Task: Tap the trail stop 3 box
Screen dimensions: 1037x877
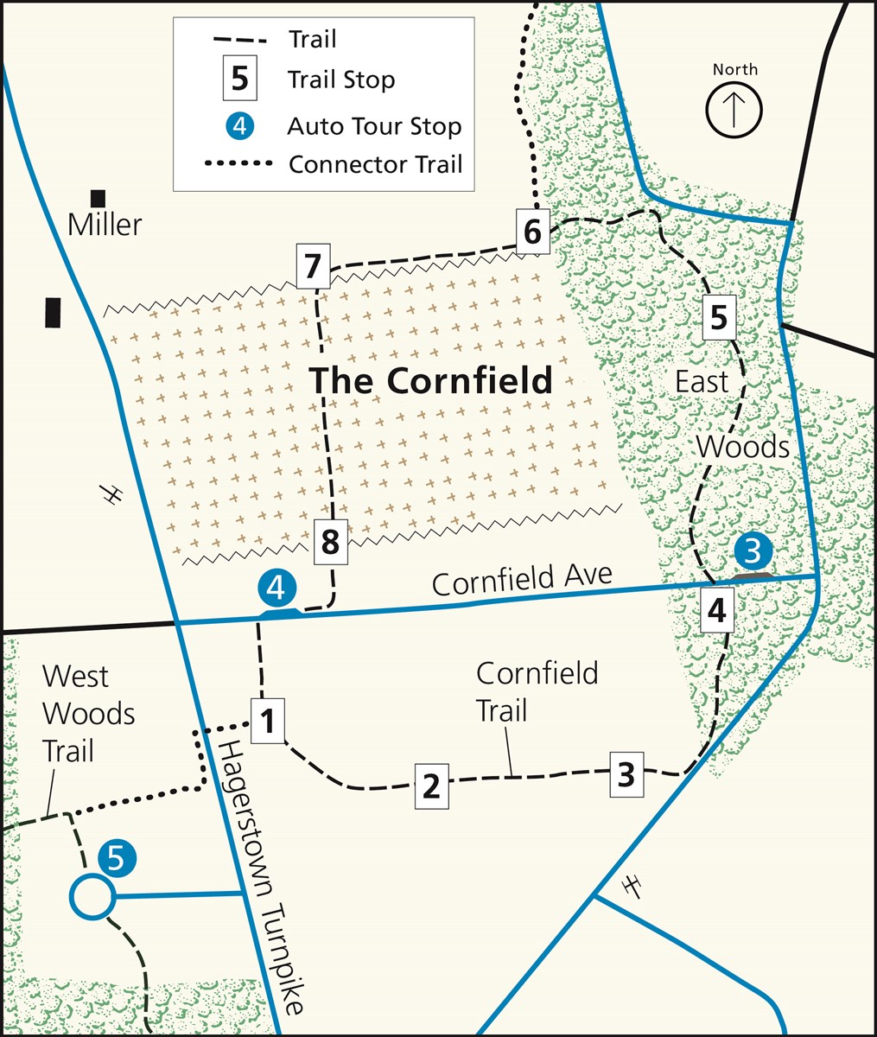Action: click(x=626, y=773)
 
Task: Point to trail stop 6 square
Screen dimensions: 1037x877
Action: click(x=533, y=232)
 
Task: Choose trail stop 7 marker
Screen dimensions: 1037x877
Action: click(x=313, y=266)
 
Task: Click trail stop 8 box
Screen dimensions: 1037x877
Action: click(x=330, y=542)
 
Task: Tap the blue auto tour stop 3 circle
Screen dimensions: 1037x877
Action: click(x=753, y=550)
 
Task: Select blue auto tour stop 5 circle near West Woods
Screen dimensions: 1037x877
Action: click(x=117, y=857)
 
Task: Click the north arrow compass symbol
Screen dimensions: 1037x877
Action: click(x=734, y=110)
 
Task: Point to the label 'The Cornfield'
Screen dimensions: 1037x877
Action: click(x=430, y=380)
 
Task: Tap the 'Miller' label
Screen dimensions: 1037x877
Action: click(x=105, y=226)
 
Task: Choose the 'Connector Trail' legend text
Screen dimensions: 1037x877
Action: click(x=375, y=163)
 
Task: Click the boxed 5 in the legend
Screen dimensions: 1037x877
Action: click(x=240, y=80)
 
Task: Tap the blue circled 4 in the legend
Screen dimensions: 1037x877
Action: click(x=240, y=126)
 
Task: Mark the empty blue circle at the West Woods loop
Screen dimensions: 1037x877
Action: click(x=91, y=896)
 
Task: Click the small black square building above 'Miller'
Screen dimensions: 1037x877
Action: click(x=99, y=198)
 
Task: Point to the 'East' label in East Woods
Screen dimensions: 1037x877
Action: click(x=702, y=381)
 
